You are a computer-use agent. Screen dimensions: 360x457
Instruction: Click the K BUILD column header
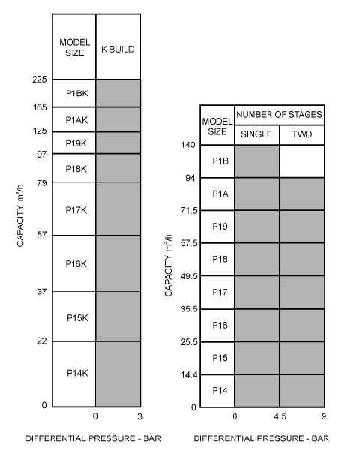118,50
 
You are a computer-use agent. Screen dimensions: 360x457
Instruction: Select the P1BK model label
77,93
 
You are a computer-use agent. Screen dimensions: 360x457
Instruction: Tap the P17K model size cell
74,209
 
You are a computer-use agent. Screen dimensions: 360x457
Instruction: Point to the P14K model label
77,373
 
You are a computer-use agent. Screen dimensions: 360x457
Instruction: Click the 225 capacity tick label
40,79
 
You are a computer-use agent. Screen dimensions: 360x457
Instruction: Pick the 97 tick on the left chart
42,154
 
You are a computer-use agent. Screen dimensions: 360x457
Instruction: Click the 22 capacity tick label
42,341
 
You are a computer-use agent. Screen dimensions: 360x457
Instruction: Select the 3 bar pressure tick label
139,416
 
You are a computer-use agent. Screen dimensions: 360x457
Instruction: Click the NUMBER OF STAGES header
279,115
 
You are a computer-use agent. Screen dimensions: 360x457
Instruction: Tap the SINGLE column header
256,134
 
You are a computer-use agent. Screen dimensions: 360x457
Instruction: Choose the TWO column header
302,134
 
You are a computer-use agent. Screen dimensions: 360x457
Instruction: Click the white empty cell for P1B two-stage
302,161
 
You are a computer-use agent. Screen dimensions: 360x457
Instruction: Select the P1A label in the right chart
220,194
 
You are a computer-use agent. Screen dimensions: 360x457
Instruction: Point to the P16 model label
220,325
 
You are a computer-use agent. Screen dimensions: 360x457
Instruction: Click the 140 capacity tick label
187,145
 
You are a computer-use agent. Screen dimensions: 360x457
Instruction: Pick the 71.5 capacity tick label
189,210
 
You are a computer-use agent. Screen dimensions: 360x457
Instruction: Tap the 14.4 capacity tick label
189,374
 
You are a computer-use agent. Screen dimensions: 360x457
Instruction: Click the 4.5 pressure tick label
280,416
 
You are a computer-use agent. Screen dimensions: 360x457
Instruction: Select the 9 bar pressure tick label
324,416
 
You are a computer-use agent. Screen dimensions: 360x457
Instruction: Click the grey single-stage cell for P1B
256,161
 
